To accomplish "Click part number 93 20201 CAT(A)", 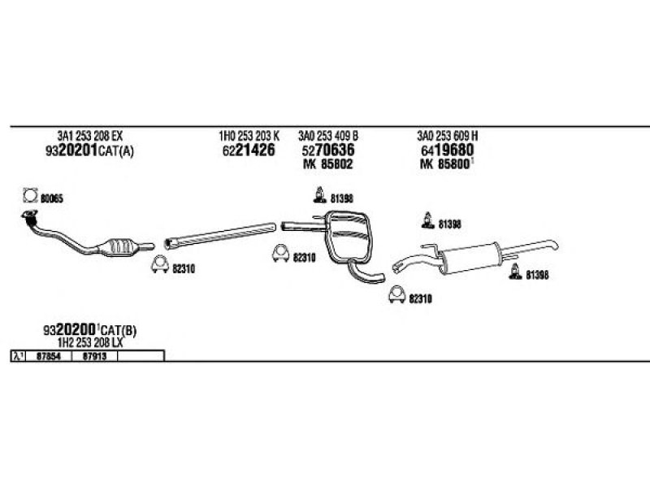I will pyautogui.click(x=89, y=150).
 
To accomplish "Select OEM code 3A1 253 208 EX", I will pyautogui.click(x=89, y=136).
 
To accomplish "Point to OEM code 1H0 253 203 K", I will pyautogui.click(x=249, y=136).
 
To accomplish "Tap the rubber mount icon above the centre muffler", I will pyautogui.click(x=318, y=195).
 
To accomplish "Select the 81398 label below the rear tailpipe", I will pyautogui.click(x=537, y=275).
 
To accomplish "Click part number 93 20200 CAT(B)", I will pyautogui.click(x=89, y=331).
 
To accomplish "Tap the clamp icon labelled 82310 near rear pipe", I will pyautogui.click(x=396, y=295).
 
